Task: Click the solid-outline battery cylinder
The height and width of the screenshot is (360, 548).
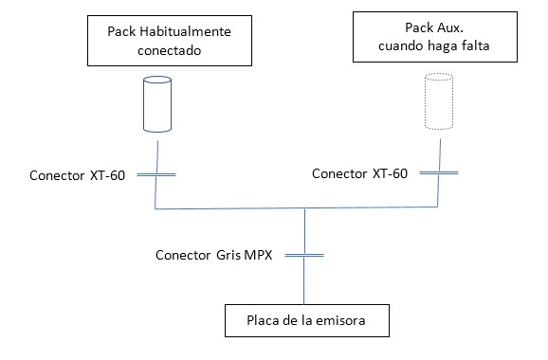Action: tap(157, 104)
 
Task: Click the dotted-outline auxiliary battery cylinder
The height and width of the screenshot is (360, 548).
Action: tap(439, 101)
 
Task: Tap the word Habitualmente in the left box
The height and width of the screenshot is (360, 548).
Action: tap(185, 31)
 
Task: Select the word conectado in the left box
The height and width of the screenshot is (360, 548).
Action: tap(169, 50)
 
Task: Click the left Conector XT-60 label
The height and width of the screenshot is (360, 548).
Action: tap(77, 175)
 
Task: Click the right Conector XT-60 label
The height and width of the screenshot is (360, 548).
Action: tap(359, 173)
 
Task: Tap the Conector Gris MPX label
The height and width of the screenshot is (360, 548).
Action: tap(214, 255)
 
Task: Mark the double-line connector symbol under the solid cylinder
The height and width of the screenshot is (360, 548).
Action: tap(156, 174)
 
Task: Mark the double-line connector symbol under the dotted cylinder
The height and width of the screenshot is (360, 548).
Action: tap(439, 172)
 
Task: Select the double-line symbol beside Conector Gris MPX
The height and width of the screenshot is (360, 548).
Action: tap(304, 255)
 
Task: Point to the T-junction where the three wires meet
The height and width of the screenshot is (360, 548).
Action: tap(304, 208)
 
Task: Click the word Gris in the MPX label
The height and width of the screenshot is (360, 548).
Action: tap(228, 255)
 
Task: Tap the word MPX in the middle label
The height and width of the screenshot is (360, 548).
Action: tap(258, 255)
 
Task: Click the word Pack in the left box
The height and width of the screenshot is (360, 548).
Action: tap(121, 31)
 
